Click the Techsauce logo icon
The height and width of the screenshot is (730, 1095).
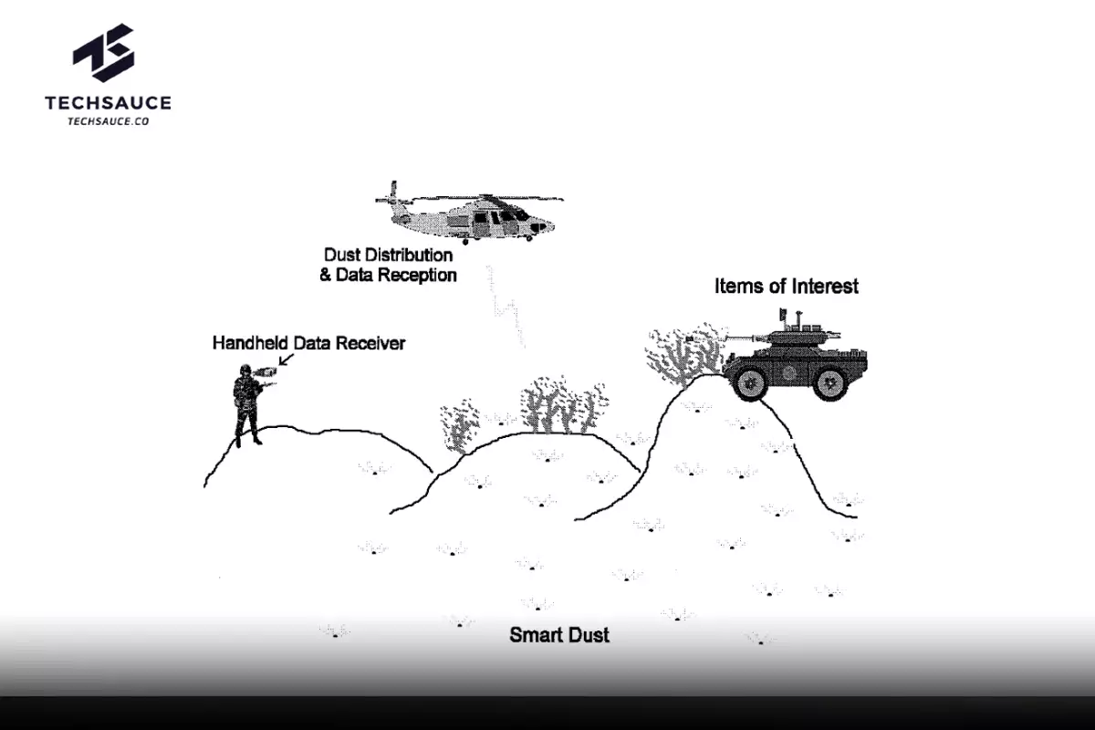[103, 53]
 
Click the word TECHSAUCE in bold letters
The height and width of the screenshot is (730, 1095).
[108, 103]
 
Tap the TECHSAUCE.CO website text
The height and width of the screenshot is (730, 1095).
[108, 120]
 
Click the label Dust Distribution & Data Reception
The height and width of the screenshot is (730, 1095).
[388, 265]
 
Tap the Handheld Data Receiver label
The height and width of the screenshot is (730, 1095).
[308, 343]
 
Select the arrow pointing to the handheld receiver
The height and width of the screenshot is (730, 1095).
[286, 362]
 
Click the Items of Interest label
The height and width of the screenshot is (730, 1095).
[786, 286]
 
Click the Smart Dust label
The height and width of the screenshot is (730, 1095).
[558, 635]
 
